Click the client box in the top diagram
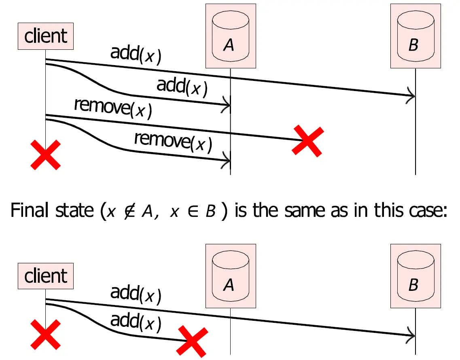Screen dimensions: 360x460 (46, 36)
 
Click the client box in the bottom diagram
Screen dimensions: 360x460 (46, 276)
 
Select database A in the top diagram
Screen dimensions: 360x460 (230, 36)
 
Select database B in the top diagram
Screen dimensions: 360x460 (415, 36)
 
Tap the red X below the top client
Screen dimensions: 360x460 (46, 155)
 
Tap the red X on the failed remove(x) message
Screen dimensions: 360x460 (308, 140)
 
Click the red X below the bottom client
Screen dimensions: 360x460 (46, 334)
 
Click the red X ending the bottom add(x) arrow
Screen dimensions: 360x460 (193, 341)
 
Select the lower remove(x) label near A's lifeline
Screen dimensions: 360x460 (173, 141)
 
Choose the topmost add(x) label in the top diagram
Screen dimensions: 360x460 (136, 55)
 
